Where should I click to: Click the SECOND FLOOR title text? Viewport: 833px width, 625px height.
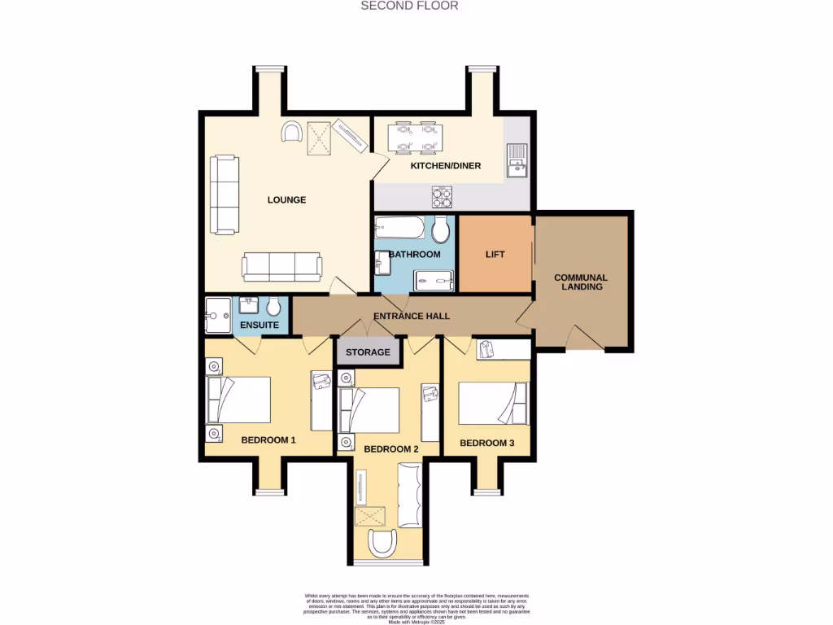[x=410, y=6]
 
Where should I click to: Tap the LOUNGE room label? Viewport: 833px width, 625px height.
[x=286, y=199]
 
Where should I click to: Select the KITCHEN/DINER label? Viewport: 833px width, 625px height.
[x=445, y=166]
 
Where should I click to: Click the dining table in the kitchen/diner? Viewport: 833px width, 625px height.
[x=414, y=138]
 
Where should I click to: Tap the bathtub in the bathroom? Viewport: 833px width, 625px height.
[x=399, y=226]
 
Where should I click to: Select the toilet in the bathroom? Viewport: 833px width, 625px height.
[x=441, y=229]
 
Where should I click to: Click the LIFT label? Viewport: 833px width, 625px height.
[x=495, y=255]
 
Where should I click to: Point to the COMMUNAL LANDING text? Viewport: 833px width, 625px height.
[x=581, y=282]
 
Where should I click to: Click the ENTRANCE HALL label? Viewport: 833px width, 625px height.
[x=411, y=316]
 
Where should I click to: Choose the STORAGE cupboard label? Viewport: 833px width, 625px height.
[x=369, y=353]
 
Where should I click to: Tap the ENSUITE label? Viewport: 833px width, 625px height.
[x=259, y=325]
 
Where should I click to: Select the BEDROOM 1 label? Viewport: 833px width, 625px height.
[x=268, y=440]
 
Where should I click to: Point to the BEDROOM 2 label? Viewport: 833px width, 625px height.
[x=390, y=449]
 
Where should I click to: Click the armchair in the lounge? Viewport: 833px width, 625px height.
[x=291, y=131]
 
